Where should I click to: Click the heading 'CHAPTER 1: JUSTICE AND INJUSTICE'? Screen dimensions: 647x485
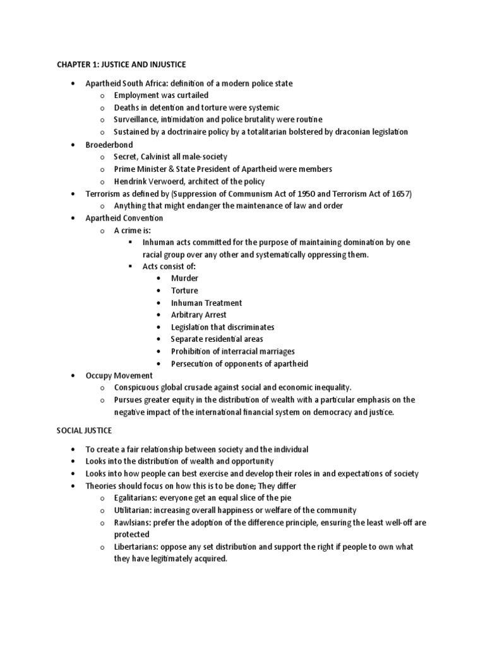click(x=121, y=65)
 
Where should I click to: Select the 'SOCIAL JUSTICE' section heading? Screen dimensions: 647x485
click(x=84, y=430)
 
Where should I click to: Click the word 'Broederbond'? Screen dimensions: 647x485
click(x=109, y=145)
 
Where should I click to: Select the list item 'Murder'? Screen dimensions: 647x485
click(x=184, y=278)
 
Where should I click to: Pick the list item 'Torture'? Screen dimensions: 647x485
click(x=184, y=291)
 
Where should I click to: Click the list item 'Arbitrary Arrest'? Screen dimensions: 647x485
click(x=198, y=315)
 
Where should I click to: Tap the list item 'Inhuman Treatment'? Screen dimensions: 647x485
click(x=207, y=303)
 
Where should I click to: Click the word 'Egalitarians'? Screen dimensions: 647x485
click(x=137, y=498)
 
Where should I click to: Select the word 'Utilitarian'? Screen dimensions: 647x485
click(x=135, y=510)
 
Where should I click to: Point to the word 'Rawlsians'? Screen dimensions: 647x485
click(x=133, y=522)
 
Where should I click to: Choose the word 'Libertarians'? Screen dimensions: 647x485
click(x=137, y=547)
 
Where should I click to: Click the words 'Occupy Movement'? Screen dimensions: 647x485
click(x=119, y=375)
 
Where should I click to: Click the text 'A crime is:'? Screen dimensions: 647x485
click(x=133, y=230)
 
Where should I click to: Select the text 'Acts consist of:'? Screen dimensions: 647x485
click(x=169, y=266)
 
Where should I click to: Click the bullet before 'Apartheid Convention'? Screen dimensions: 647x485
click(x=73, y=218)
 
